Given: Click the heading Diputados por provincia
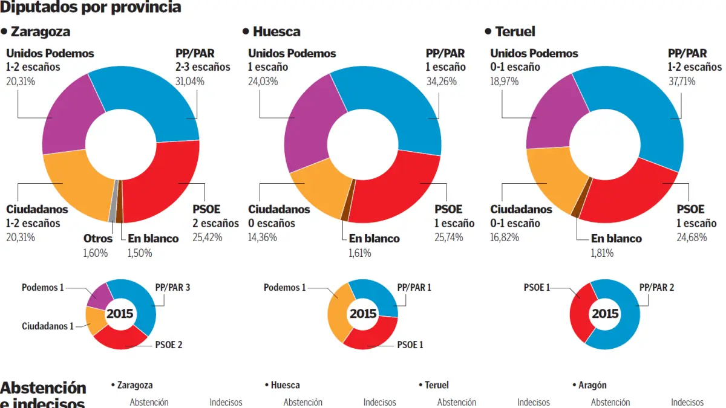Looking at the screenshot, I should click(x=91, y=7).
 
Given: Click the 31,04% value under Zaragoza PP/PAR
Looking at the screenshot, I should click(x=191, y=81).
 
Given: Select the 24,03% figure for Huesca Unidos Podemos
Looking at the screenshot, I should click(x=263, y=81).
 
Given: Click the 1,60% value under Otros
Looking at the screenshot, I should click(x=95, y=253).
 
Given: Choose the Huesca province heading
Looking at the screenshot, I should click(x=276, y=31).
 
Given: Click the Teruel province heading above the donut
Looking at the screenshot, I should click(x=515, y=31).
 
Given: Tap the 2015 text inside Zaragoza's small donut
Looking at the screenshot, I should click(x=120, y=314).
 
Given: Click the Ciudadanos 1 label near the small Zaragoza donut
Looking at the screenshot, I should click(x=48, y=326).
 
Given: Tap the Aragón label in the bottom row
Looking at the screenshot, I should click(x=592, y=385).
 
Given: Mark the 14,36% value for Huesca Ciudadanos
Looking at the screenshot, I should click(x=263, y=238).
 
